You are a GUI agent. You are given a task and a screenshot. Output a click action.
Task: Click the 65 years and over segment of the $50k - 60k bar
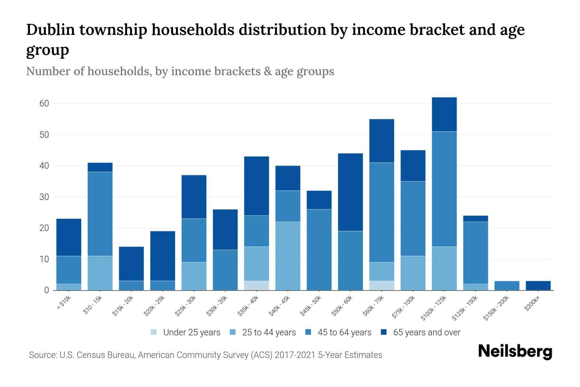click(x=350, y=192)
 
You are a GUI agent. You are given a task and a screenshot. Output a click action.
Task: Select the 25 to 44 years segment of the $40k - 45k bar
click(x=288, y=256)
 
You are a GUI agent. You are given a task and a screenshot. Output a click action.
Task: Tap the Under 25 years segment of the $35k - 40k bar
click(x=256, y=285)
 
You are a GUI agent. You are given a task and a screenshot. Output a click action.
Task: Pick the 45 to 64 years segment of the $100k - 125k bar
click(x=444, y=189)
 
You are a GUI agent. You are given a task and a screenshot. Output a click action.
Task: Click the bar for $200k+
click(x=538, y=286)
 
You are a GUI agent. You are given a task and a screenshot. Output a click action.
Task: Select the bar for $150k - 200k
click(x=507, y=286)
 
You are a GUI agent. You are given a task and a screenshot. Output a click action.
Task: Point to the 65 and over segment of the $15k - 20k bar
click(x=131, y=264)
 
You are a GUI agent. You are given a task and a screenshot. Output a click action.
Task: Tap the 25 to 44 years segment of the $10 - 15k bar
click(x=100, y=273)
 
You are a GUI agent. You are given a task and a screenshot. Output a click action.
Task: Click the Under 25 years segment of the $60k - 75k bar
click(x=382, y=285)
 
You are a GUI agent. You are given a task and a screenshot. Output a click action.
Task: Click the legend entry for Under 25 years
click(x=192, y=332)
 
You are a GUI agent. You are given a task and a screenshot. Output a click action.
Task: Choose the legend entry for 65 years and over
click(x=426, y=332)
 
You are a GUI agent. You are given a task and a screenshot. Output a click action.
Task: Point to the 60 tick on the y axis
click(x=44, y=104)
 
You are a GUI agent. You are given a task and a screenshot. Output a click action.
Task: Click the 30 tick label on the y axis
click(x=44, y=197)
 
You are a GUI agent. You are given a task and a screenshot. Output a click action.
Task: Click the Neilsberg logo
click(x=515, y=351)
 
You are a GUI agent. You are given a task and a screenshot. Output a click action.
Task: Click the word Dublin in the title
click(x=50, y=30)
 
